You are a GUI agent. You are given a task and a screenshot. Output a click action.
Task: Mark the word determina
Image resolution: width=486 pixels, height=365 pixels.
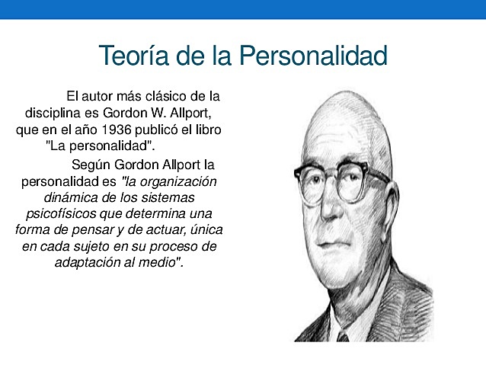click(x=161, y=213)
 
